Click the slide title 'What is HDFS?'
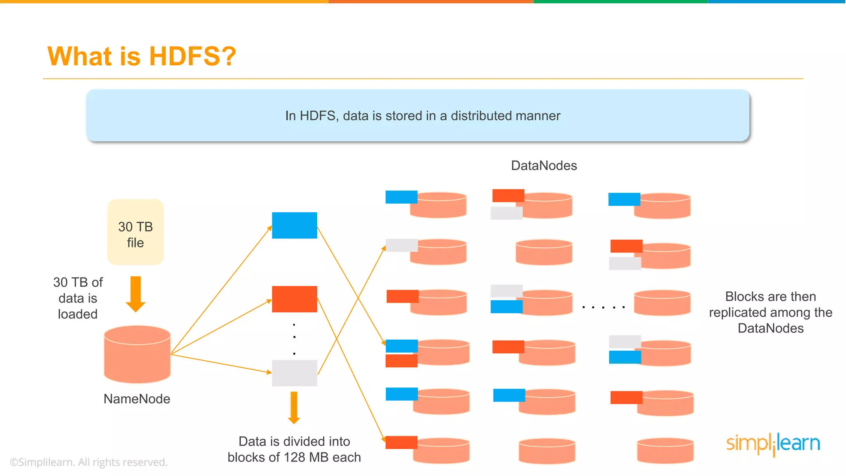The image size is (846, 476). click(142, 56)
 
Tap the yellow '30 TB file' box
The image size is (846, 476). click(135, 232)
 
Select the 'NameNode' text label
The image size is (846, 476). click(137, 399)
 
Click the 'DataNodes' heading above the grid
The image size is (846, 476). click(544, 166)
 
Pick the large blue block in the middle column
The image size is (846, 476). click(295, 225)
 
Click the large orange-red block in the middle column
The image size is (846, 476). click(295, 299)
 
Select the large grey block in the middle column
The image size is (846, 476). click(295, 373)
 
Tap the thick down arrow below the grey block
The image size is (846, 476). click(294, 407)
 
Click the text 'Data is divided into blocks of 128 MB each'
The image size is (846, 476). click(294, 449)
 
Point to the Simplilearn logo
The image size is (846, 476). click(773, 444)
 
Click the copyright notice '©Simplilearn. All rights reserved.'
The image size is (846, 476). click(88, 462)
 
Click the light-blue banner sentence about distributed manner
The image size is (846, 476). click(422, 116)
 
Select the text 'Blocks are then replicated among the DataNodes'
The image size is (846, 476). click(770, 312)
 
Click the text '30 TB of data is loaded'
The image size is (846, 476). click(78, 298)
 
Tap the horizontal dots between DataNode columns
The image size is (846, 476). click(603, 307)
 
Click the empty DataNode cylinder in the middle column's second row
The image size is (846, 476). click(544, 252)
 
